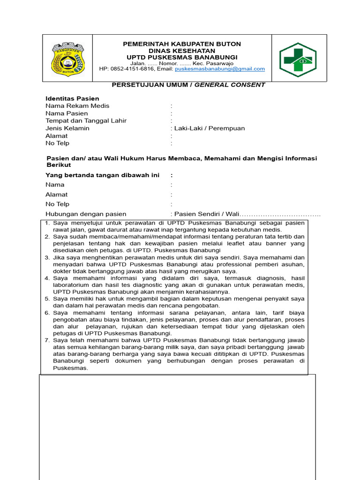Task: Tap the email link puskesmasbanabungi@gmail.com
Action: coord(220,69)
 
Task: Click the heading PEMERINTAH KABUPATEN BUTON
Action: coord(182,44)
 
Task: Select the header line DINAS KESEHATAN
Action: coord(182,51)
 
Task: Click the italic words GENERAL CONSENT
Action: coord(230,85)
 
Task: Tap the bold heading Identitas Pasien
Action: coord(72,98)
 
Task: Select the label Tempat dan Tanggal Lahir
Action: coord(86,121)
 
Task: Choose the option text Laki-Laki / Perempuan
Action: coord(210,128)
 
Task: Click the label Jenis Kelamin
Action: coord(67,128)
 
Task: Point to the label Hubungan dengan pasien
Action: coord(86,214)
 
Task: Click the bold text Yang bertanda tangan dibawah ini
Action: coord(102,175)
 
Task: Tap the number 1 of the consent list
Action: coord(47,223)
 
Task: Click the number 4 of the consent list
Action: coord(47,278)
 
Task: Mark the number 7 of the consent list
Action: coord(47,340)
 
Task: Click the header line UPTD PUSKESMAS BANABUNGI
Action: coord(182,57)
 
